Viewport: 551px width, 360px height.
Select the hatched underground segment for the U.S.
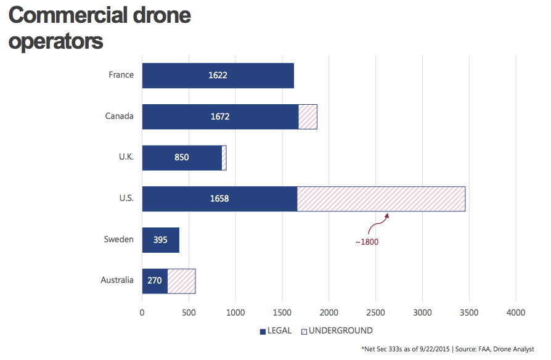tap(381, 198)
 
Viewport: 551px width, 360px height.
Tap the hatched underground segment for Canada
tap(308, 117)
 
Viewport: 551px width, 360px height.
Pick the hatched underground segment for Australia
tap(181, 280)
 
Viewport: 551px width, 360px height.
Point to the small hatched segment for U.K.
tap(224, 158)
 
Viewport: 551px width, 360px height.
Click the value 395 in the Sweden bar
tap(161, 240)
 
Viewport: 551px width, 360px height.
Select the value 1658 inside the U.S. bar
tap(219, 198)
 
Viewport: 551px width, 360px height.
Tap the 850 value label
tap(181, 158)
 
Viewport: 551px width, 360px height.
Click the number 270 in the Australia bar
tap(154, 280)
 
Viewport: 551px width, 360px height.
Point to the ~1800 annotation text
tap(367, 242)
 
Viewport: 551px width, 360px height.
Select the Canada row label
tap(119, 116)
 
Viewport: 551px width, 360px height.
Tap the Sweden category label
tap(118, 239)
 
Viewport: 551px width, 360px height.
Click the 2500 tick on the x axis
tap(375, 313)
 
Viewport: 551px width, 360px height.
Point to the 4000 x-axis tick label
tap(515, 313)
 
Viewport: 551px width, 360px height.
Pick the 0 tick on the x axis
tap(142, 313)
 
